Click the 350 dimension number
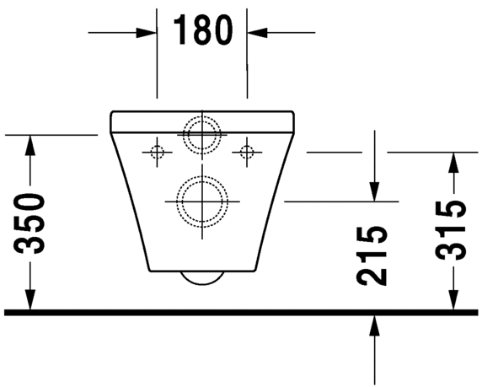click(x=31, y=223)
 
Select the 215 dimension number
click(x=372, y=254)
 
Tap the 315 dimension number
click(x=453, y=230)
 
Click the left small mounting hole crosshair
click(x=156, y=152)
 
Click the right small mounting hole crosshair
click(x=247, y=152)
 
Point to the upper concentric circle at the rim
click(x=201, y=133)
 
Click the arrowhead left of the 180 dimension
click(x=148, y=33)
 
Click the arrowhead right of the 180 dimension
click(x=256, y=33)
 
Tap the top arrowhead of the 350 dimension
click(x=31, y=144)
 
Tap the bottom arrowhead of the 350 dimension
click(x=31, y=301)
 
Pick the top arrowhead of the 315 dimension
click(x=453, y=162)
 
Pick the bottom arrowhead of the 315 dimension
click(x=453, y=301)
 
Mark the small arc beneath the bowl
click(x=202, y=280)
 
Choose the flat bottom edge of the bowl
click(x=202, y=272)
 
